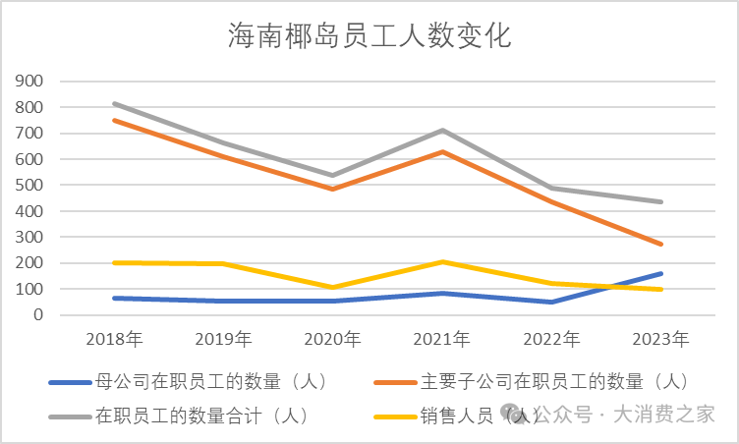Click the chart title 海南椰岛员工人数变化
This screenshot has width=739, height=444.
[369, 37]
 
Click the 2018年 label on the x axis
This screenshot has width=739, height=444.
[115, 340]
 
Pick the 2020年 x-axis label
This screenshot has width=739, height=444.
[333, 340]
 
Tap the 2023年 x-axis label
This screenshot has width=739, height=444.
[661, 340]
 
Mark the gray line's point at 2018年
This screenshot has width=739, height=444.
[114, 103]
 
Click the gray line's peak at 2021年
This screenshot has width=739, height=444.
[442, 131]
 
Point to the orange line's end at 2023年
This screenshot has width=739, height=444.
[661, 245]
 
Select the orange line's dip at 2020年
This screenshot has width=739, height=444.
[333, 189]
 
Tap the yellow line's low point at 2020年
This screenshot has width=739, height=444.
[333, 288]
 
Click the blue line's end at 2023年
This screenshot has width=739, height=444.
[661, 273]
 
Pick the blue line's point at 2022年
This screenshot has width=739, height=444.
[551, 302]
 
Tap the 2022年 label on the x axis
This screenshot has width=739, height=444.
[551, 340]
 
